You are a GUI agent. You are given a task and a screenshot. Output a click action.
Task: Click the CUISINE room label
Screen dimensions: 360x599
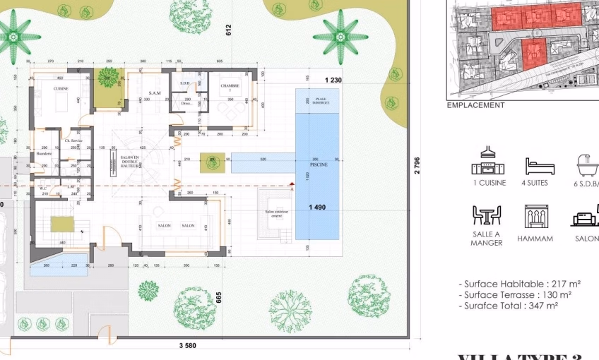click(61, 88)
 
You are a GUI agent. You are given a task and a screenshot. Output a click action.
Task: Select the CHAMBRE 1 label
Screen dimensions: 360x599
click(230, 88)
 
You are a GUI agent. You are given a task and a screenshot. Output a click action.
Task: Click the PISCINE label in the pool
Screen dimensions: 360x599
click(316, 164)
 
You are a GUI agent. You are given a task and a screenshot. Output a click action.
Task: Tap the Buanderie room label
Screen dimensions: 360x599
click(45, 154)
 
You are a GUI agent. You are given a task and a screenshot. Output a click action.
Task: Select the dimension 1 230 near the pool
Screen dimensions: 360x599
click(333, 80)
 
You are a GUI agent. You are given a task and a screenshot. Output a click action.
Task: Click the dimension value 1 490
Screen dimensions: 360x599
click(317, 207)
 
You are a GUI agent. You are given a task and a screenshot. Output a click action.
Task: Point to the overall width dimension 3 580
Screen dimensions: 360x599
click(187, 346)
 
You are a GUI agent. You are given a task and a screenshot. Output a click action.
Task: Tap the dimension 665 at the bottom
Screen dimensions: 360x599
click(219, 298)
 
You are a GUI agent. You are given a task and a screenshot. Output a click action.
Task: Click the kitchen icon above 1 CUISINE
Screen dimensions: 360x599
click(488, 163)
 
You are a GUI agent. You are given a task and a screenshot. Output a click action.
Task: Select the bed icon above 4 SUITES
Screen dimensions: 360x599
click(540, 167)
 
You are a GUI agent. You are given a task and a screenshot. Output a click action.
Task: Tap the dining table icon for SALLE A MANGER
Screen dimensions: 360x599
click(487, 215)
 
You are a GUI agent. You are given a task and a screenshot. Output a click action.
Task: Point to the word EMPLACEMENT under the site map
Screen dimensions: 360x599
click(475, 105)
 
